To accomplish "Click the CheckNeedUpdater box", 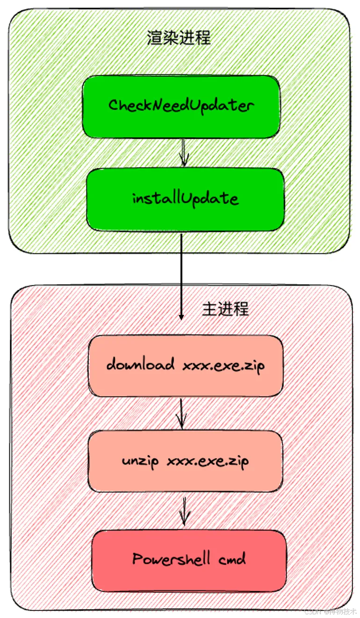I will (181, 106).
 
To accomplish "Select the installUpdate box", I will (186, 200).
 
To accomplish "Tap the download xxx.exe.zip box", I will (186, 366).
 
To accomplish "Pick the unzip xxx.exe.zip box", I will (186, 461).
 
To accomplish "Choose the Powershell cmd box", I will (188, 560).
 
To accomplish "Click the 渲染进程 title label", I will (179, 37).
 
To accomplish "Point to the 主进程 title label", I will (225, 309).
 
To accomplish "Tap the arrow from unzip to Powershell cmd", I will (185, 510).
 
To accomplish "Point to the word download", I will (140, 365).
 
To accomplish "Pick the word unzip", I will (139, 461).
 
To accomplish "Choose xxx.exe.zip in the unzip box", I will (208, 461).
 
